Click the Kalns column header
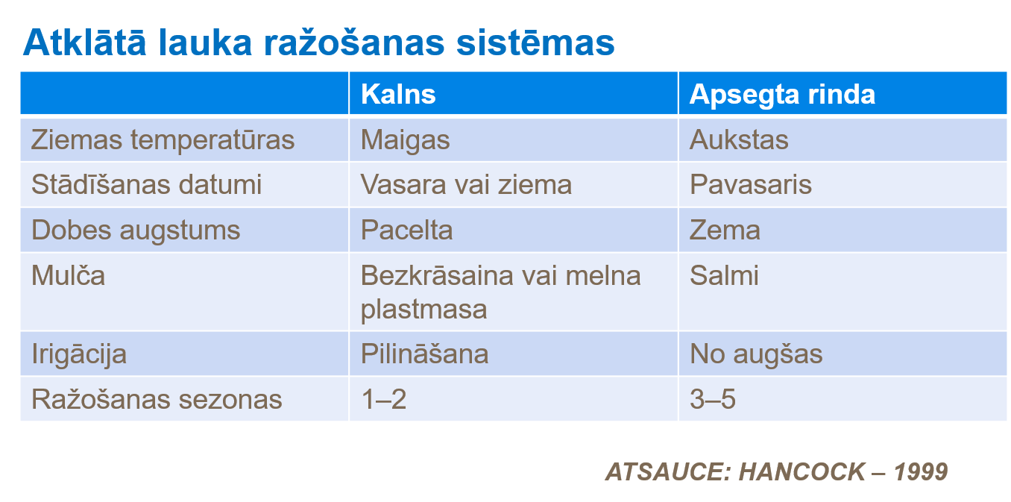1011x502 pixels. tap(398, 94)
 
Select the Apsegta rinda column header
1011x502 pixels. tap(781, 94)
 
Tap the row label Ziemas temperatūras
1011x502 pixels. tap(163, 139)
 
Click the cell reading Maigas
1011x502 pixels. tap(406, 139)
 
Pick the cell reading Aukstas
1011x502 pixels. tap(739, 139)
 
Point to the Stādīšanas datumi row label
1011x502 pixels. tap(146, 184)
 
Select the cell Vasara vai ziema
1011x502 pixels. tap(466, 184)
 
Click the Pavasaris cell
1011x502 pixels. tap(750, 184)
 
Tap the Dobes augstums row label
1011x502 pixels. tap(136, 230)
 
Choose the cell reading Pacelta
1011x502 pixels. tap(406, 230)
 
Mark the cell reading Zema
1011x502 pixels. tap(725, 230)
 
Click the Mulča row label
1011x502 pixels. tap(68, 275)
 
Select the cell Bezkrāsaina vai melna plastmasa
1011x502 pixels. tap(500, 292)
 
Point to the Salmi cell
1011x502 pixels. tap(723, 275)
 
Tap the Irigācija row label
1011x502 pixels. tap(78, 354)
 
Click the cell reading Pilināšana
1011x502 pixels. tap(424, 354)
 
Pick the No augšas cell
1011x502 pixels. tap(755, 354)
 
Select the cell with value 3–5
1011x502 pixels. tap(712, 399)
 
